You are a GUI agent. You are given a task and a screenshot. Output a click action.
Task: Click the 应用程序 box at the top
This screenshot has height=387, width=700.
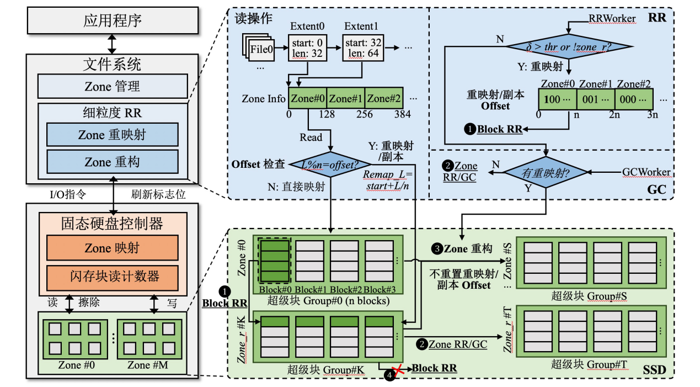(x=113, y=21)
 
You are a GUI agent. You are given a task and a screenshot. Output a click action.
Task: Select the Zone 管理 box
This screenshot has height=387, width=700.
(x=113, y=86)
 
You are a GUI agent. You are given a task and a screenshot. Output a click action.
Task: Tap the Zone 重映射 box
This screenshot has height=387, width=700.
(x=113, y=135)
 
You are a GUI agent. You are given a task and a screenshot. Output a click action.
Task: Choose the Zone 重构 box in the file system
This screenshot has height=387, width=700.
(x=113, y=162)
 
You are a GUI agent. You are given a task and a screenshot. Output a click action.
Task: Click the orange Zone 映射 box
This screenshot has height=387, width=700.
(x=113, y=248)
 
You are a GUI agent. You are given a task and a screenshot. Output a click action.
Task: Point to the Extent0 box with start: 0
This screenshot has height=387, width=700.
(x=308, y=47)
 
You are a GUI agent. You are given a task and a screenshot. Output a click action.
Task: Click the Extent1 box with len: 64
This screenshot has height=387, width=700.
(x=362, y=47)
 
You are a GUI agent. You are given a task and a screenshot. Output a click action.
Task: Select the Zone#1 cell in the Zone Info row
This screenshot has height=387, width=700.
(x=346, y=99)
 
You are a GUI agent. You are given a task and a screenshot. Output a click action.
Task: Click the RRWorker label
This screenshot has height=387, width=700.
(x=612, y=19)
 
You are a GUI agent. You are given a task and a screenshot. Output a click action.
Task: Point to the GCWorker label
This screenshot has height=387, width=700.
(x=646, y=172)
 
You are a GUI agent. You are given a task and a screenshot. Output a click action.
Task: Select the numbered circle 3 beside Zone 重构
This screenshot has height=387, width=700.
(x=437, y=249)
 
